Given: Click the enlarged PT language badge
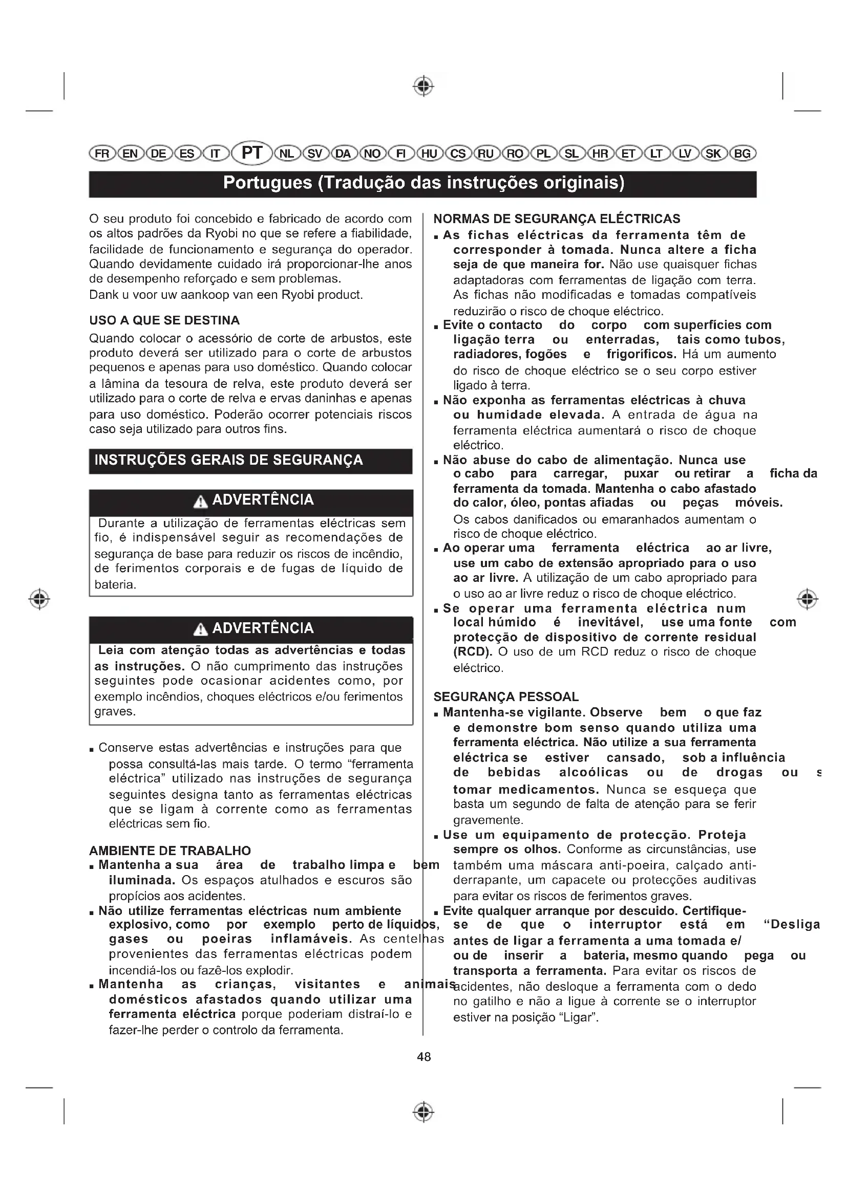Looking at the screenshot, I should (x=252, y=154).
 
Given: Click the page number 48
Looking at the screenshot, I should (x=424, y=1057).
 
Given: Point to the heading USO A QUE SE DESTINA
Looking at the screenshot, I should (x=164, y=320).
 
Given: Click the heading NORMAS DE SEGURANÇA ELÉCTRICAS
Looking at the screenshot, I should (x=557, y=219).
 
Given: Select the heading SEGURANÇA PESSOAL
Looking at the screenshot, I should (x=506, y=697).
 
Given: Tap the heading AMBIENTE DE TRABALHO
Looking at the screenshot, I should (x=170, y=851).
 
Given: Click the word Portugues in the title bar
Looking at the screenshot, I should (x=267, y=183).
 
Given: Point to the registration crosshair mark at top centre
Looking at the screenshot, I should (x=424, y=85).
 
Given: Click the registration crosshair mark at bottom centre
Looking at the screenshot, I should (x=424, y=1112).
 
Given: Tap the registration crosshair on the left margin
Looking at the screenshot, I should (x=39, y=599).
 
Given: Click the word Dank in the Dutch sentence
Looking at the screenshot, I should (x=103, y=295).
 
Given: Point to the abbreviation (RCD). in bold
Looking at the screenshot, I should (x=473, y=652).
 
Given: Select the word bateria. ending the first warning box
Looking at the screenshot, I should (x=115, y=585).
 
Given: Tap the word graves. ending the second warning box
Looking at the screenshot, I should (x=115, y=712).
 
